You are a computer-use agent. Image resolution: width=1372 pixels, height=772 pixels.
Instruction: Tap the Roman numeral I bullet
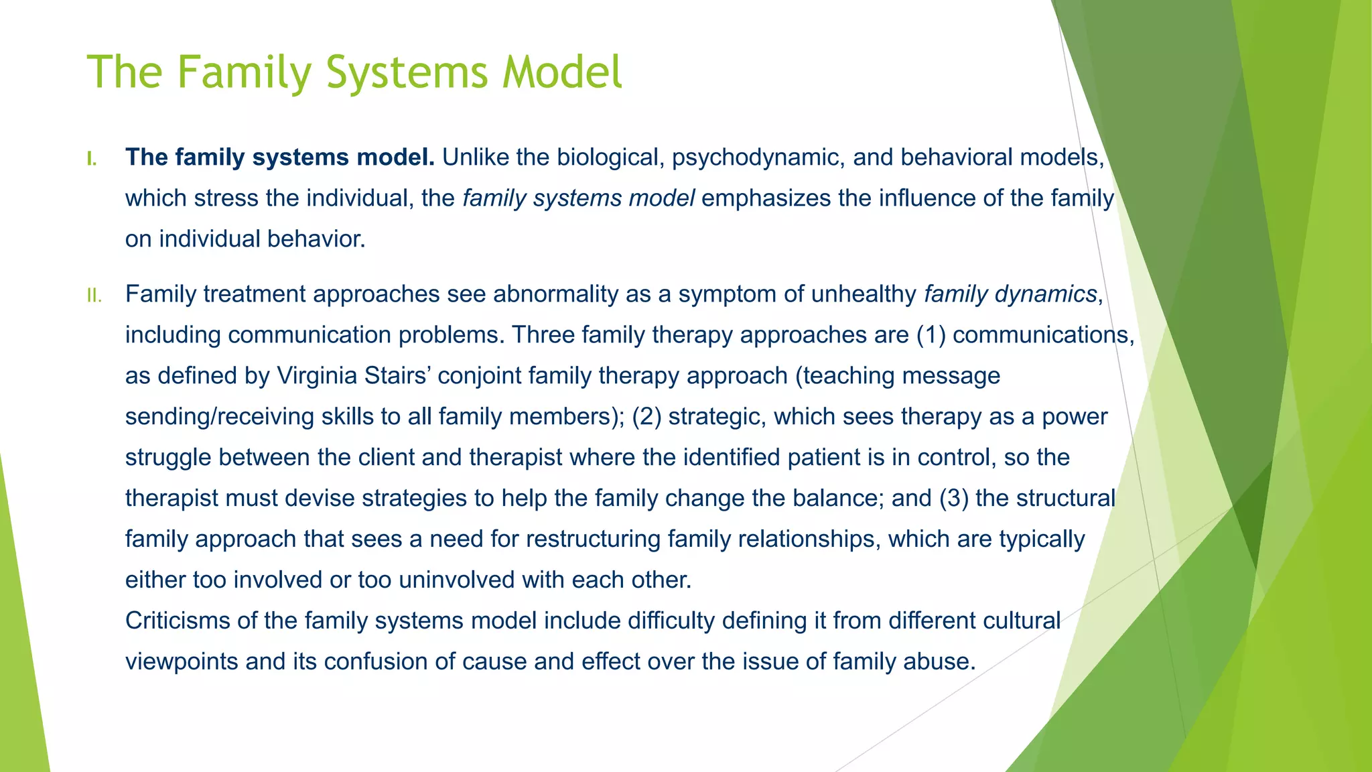click(x=92, y=159)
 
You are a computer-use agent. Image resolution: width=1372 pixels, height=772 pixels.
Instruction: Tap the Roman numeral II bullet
click(x=94, y=296)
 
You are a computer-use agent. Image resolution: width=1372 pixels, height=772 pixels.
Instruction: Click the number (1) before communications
click(x=931, y=335)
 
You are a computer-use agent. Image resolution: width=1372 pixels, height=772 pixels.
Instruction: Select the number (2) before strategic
click(x=646, y=417)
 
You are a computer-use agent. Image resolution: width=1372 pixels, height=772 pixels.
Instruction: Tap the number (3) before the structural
click(x=954, y=499)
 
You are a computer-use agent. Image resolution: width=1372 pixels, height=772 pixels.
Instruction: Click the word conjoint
click(x=479, y=376)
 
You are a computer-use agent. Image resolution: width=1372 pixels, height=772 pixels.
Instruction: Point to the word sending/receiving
click(x=219, y=417)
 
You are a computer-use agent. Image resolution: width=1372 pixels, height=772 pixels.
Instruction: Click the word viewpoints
click(x=182, y=662)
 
